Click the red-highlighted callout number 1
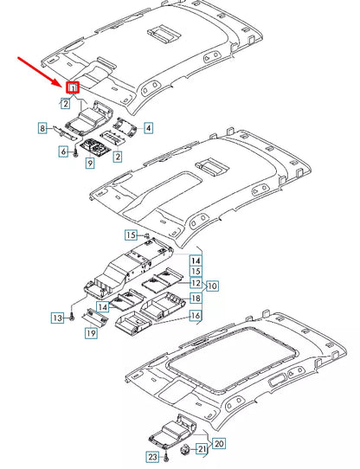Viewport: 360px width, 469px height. tap(73, 87)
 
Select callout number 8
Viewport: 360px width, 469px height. tap(42, 128)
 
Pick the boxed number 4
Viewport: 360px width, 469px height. tap(148, 128)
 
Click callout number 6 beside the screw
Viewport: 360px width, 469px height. tap(63, 151)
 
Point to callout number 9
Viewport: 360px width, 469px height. tap(89, 164)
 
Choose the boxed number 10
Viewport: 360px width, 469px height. tap(212, 285)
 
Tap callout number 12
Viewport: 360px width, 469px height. tap(196, 284)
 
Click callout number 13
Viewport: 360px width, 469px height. tap(56, 318)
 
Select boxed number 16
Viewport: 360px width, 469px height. tap(196, 317)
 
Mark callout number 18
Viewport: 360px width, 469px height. tap(196, 299)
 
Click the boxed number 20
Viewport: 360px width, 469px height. tap(219, 444)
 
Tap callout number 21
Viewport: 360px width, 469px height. tap(201, 448)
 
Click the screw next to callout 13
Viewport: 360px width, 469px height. tap(72, 318)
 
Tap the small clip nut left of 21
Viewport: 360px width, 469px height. tap(184, 449)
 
